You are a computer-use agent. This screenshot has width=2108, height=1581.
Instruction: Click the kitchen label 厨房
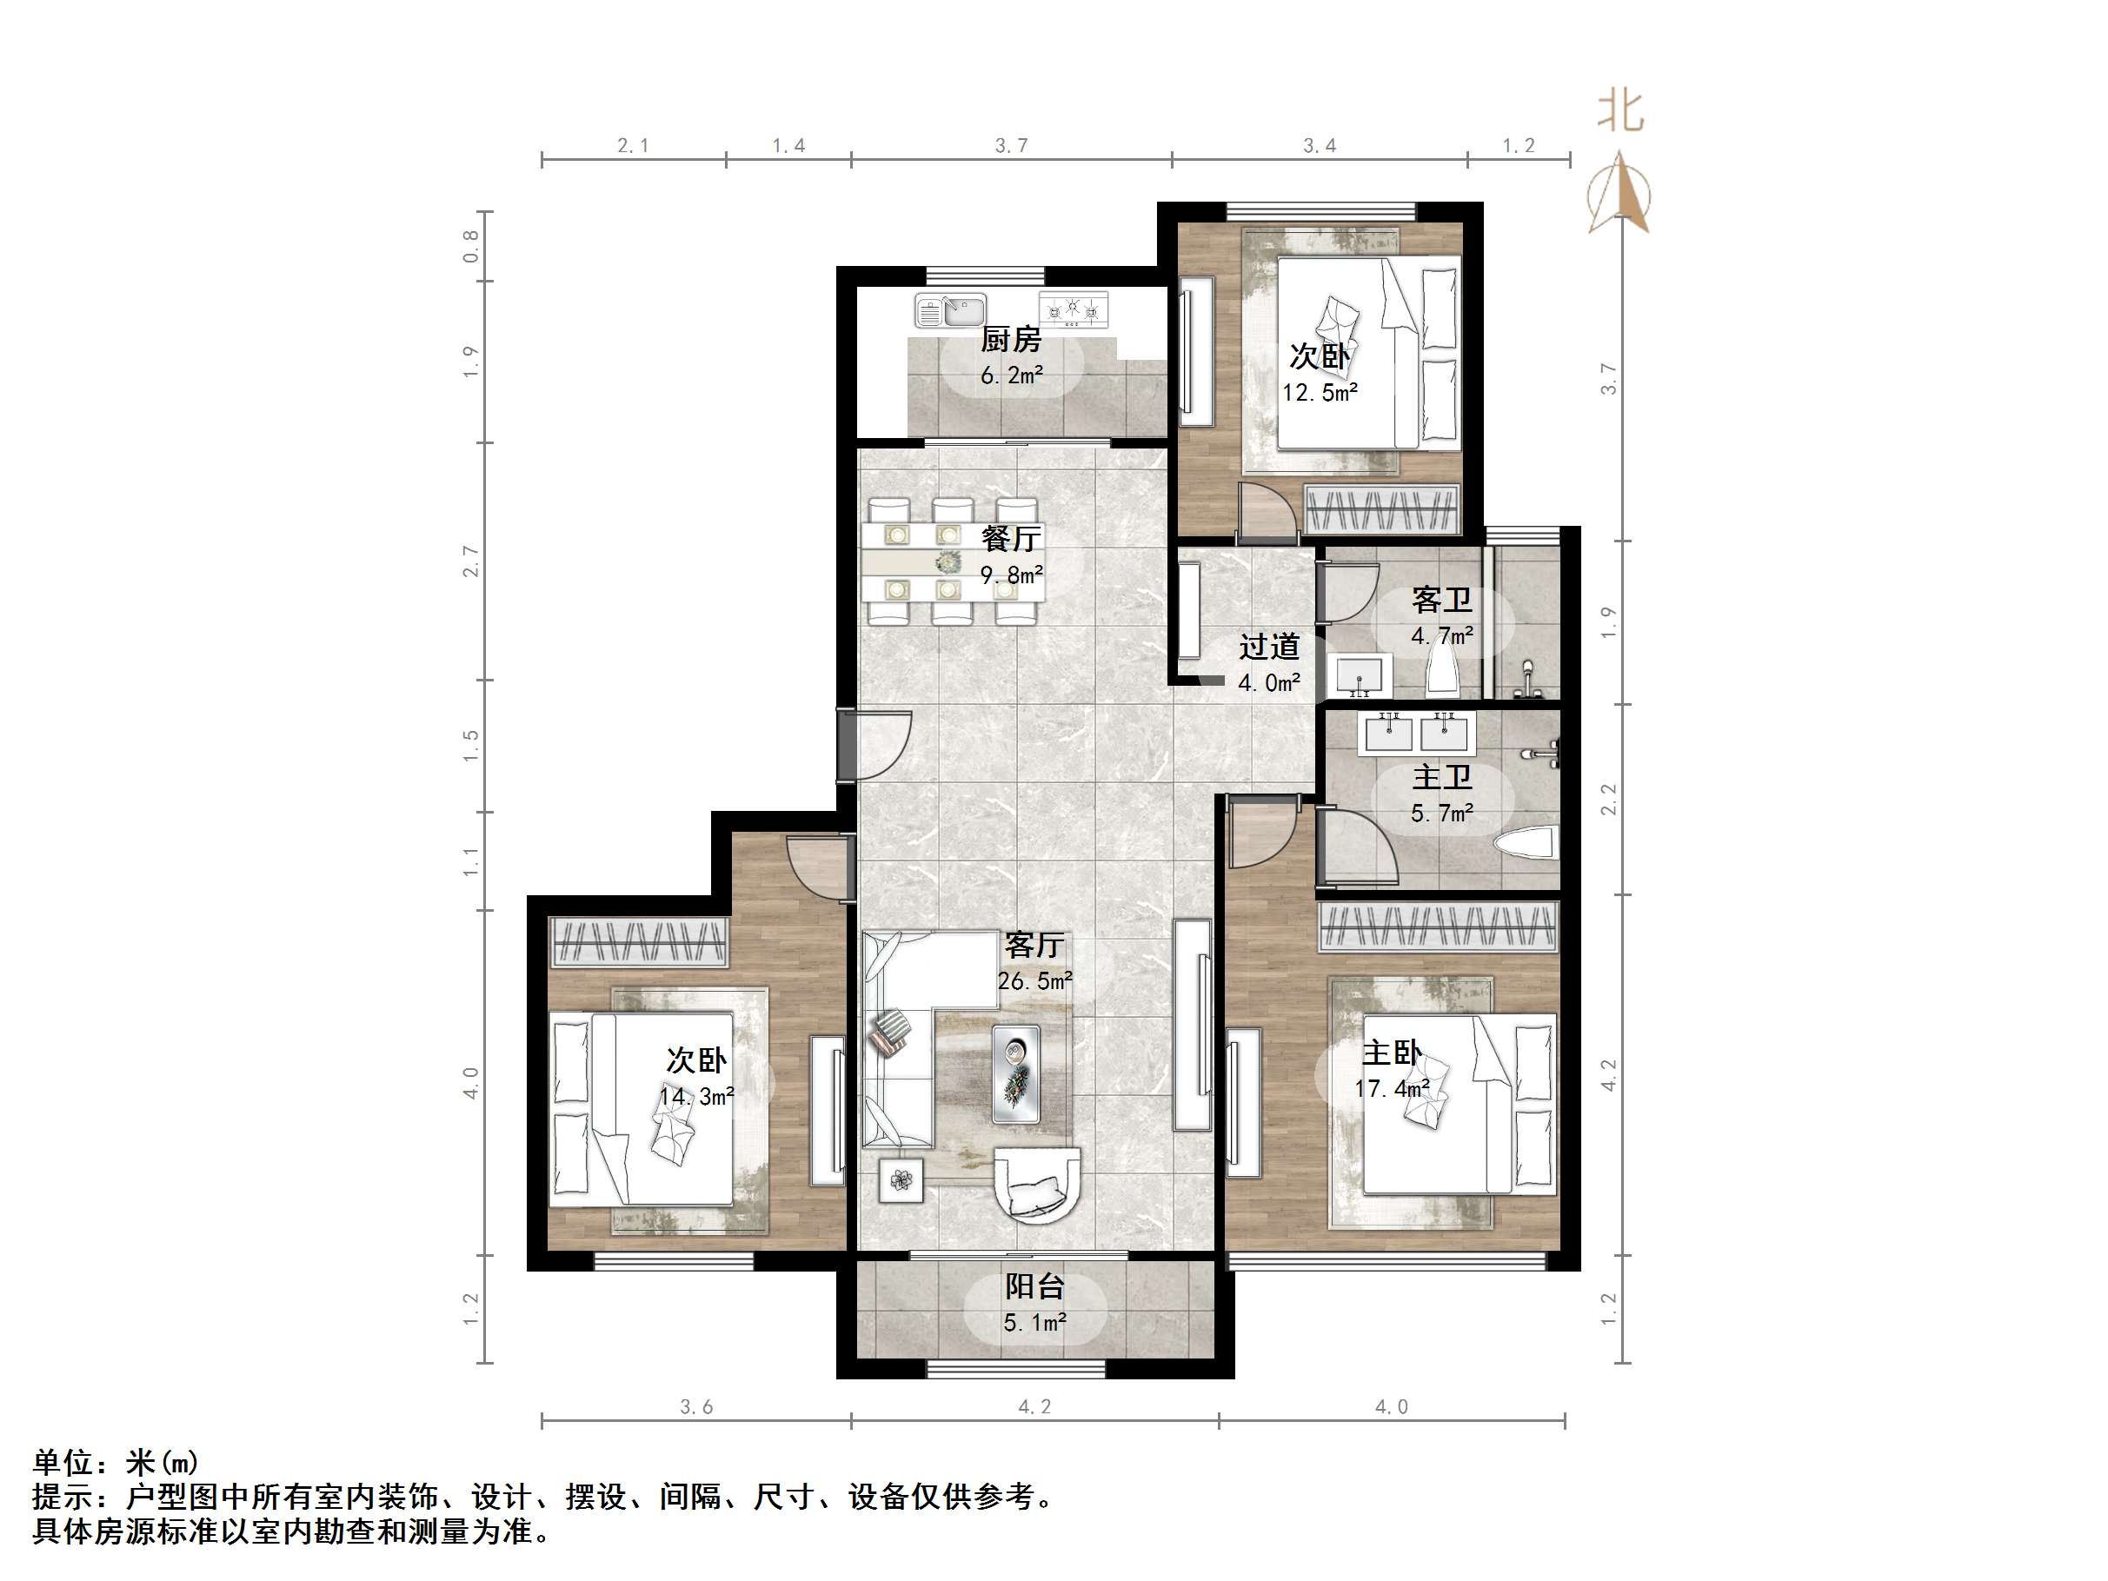point(1010,338)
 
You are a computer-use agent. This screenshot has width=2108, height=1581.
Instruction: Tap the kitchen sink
point(949,310)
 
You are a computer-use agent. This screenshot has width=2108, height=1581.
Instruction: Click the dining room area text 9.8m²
point(1011,575)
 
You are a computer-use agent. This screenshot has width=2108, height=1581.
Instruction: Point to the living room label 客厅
point(1034,945)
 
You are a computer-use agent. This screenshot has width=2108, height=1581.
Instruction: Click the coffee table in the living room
point(1016,1073)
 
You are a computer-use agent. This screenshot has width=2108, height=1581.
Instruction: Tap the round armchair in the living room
point(1037,1185)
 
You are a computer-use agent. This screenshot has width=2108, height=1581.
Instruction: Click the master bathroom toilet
point(1526,843)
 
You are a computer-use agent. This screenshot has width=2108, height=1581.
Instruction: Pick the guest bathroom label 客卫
point(1441,600)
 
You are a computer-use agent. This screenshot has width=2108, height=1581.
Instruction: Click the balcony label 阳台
point(1034,1285)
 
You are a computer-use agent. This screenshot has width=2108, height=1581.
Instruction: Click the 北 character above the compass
point(1620,111)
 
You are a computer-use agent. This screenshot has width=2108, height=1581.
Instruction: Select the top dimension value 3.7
point(1011,146)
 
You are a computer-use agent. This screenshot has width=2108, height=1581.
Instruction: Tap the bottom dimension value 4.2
point(1034,1406)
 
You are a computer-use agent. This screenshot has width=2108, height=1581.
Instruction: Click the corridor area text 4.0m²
point(1268,682)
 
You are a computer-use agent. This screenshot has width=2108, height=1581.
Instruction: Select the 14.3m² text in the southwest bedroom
point(696,1096)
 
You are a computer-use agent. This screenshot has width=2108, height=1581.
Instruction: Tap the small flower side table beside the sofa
point(901,1180)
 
